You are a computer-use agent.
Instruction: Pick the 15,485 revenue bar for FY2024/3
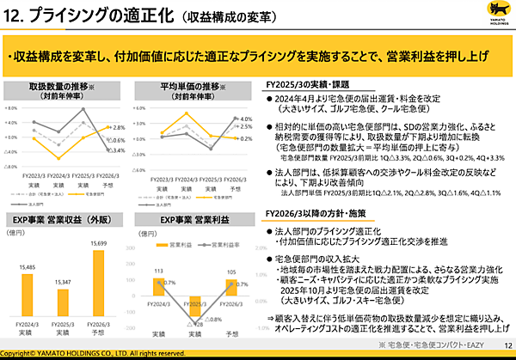click(x=32, y=305)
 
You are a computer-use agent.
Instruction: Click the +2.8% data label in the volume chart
click(x=118, y=126)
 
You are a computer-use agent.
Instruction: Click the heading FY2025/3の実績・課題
click(x=309, y=85)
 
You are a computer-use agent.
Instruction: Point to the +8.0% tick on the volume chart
click(x=12, y=108)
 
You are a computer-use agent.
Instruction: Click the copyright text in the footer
click(x=92, y=353)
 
